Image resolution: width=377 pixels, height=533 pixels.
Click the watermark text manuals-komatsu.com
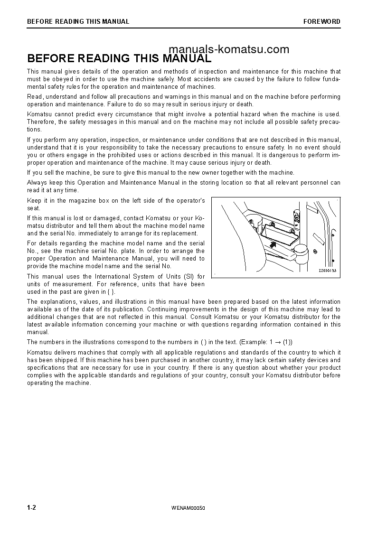click(228, 49)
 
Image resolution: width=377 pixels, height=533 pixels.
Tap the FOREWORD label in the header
click(322, 21)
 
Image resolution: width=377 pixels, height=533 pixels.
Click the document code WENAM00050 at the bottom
click(188, 508)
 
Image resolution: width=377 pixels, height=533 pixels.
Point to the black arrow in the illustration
click(272, 244)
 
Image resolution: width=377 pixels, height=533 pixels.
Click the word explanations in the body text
click(58, 302)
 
